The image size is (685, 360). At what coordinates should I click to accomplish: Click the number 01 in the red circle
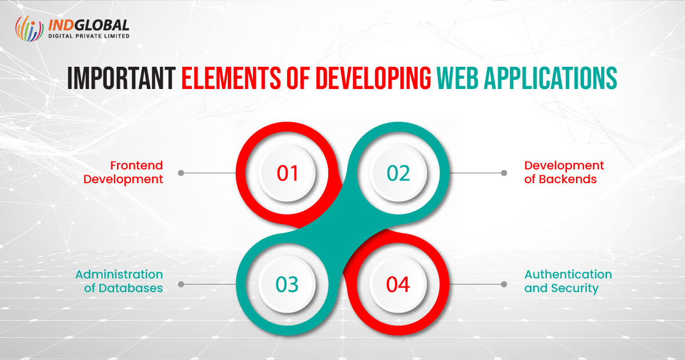pos(287,173)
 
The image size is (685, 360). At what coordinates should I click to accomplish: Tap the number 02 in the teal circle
pos(398,173)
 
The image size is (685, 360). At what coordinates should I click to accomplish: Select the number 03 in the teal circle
pos(287,285)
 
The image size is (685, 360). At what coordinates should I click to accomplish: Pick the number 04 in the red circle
pos(398,285)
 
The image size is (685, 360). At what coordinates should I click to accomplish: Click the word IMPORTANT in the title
pos(122,79)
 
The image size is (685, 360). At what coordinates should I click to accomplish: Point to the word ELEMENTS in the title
pos(231,79)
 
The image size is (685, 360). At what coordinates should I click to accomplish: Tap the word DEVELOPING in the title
pos(373,79)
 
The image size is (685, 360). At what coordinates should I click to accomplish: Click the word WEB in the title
pos(457,79)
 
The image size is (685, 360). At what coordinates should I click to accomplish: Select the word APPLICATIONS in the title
pos(550,79)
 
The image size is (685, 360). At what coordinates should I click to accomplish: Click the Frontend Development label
pos(123,172)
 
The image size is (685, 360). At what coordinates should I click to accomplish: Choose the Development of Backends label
pos(564,172)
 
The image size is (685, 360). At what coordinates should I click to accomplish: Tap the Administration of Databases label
pos(119,281)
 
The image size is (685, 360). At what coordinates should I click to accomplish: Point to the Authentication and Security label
pos(568,281)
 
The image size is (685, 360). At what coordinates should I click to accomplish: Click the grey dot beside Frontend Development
pos(181,173)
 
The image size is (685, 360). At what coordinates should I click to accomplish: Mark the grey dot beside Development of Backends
pos(504,173)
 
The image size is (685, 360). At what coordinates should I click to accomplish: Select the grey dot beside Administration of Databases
pos(181,284)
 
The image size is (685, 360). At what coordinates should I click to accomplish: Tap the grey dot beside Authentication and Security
pos(504,284)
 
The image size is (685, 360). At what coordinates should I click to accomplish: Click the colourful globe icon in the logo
pos(29,29)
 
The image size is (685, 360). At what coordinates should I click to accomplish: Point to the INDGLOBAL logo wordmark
pos(88,25)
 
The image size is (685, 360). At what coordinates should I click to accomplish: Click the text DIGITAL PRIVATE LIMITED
pos(89,36)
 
